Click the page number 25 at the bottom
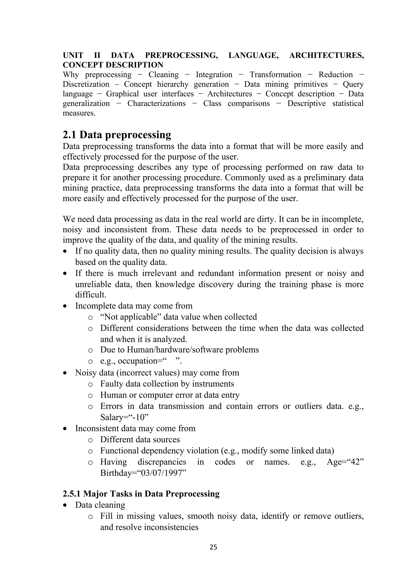[213, 547]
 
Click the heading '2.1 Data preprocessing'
[117, 134]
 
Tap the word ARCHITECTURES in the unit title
[326, 55]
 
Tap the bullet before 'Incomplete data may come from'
[65, 306]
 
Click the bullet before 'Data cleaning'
[65, 505]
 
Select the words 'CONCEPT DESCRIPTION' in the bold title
[113, 65]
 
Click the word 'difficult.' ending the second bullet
[91, 295]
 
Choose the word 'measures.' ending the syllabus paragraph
[79, 113]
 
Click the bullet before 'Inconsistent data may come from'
[65, 428]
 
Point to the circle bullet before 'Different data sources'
[90, 440]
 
